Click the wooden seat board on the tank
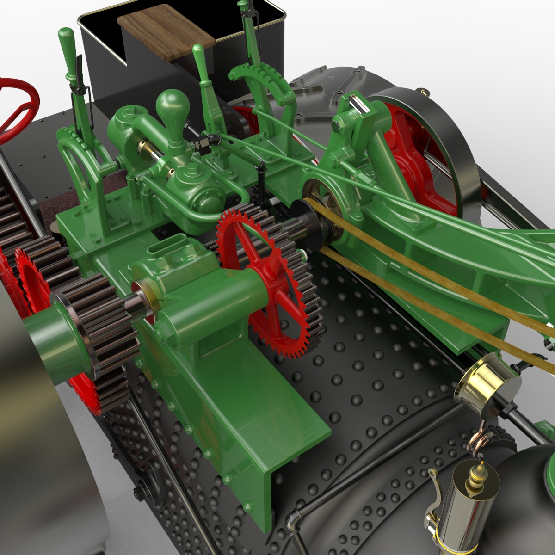point(166,31)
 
